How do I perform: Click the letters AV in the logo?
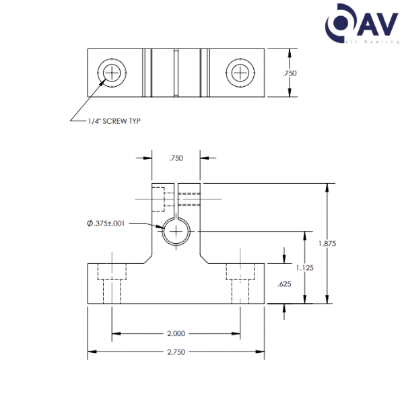[x=371, y=25]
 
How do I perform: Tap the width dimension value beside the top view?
[x=290, y=73]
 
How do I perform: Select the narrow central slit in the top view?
[x=174, y=72]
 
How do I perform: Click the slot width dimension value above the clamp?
[x=176, y=158]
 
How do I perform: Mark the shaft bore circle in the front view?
[x=176, y=232]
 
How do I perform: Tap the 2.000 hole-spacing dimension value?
[x=176, y=333]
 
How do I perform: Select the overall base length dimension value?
[x=176, y=351]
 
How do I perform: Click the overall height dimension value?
[x=327, y=243]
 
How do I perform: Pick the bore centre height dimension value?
[x=306, y=267]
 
